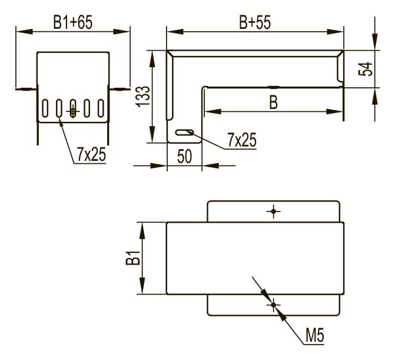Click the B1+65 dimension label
pos(73,22)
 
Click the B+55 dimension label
pos(255,22)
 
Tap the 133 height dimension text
pos(143,97)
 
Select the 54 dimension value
pos(366,68)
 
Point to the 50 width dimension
pos(184,156)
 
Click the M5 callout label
pos(314,335)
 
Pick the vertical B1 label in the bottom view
pos(133,257)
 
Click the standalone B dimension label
pos(273,103)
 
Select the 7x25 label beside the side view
pos(242,140)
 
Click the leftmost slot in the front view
pos(45,108)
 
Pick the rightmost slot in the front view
pos(101,108)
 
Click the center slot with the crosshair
pos(73,108)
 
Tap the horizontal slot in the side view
pos(185,133)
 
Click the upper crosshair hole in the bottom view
pos(273,211)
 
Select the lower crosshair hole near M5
pos(273,305)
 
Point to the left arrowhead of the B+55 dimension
pos(175,32)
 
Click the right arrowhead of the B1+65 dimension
pos(121,32)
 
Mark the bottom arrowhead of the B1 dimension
pos(142,286)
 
